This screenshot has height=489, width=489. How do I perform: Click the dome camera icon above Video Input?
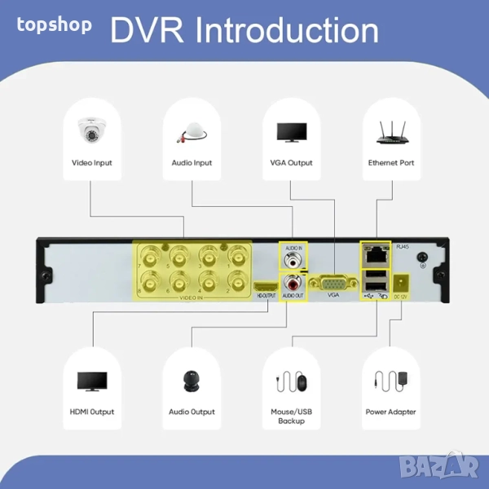tap(92, 130)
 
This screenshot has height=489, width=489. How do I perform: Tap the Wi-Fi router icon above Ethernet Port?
tap(390, 132)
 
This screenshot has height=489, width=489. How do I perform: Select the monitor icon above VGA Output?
tap(291, 133)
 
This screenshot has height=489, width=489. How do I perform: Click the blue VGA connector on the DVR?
tap(333, 282)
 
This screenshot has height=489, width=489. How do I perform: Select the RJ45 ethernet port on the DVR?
tap(376, 254)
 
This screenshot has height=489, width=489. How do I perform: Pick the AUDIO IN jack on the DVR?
tap(292, 260)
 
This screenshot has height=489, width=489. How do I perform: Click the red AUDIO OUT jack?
tap(292, 283)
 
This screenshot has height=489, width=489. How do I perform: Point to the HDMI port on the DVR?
tap(266, 285)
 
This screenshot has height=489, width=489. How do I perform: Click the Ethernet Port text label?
tap(391, 163)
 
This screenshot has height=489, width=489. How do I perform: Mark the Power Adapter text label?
tap(391, 412)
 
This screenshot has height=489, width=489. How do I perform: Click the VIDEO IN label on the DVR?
tap(192, 298)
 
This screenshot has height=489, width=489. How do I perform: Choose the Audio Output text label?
tap(192, 412)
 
